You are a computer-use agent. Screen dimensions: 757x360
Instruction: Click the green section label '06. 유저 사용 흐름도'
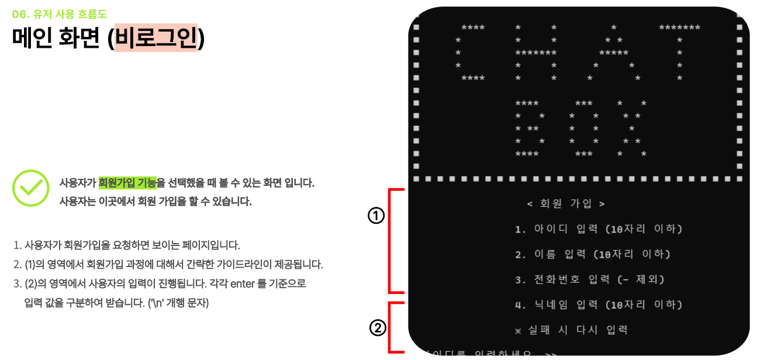[59, 14]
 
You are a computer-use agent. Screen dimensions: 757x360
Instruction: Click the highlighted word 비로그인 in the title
[156, 38]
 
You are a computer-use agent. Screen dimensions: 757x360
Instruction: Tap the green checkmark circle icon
[30, 188]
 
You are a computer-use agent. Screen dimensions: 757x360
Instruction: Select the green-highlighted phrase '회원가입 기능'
[127, 183]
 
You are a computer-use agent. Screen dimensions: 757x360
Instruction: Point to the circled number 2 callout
[378, 328]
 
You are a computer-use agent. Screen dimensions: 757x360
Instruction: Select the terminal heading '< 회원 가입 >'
[565, 203]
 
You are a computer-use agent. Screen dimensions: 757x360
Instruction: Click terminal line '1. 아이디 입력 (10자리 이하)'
[599, 229]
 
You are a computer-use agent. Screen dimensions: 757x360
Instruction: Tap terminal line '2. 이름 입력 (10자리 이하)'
[593, 254]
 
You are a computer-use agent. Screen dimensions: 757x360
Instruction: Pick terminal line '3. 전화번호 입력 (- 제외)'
[590, 279]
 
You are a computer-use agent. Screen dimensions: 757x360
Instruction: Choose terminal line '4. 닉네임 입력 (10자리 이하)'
[599, 304]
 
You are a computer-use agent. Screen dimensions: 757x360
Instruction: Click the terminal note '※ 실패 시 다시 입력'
[571, 330]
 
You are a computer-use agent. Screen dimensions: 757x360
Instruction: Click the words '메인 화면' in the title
[57, 38]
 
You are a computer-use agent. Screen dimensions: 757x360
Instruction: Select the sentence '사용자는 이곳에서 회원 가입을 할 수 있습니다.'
[155, 202]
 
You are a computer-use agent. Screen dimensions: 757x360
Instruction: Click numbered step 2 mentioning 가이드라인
[168, 264]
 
